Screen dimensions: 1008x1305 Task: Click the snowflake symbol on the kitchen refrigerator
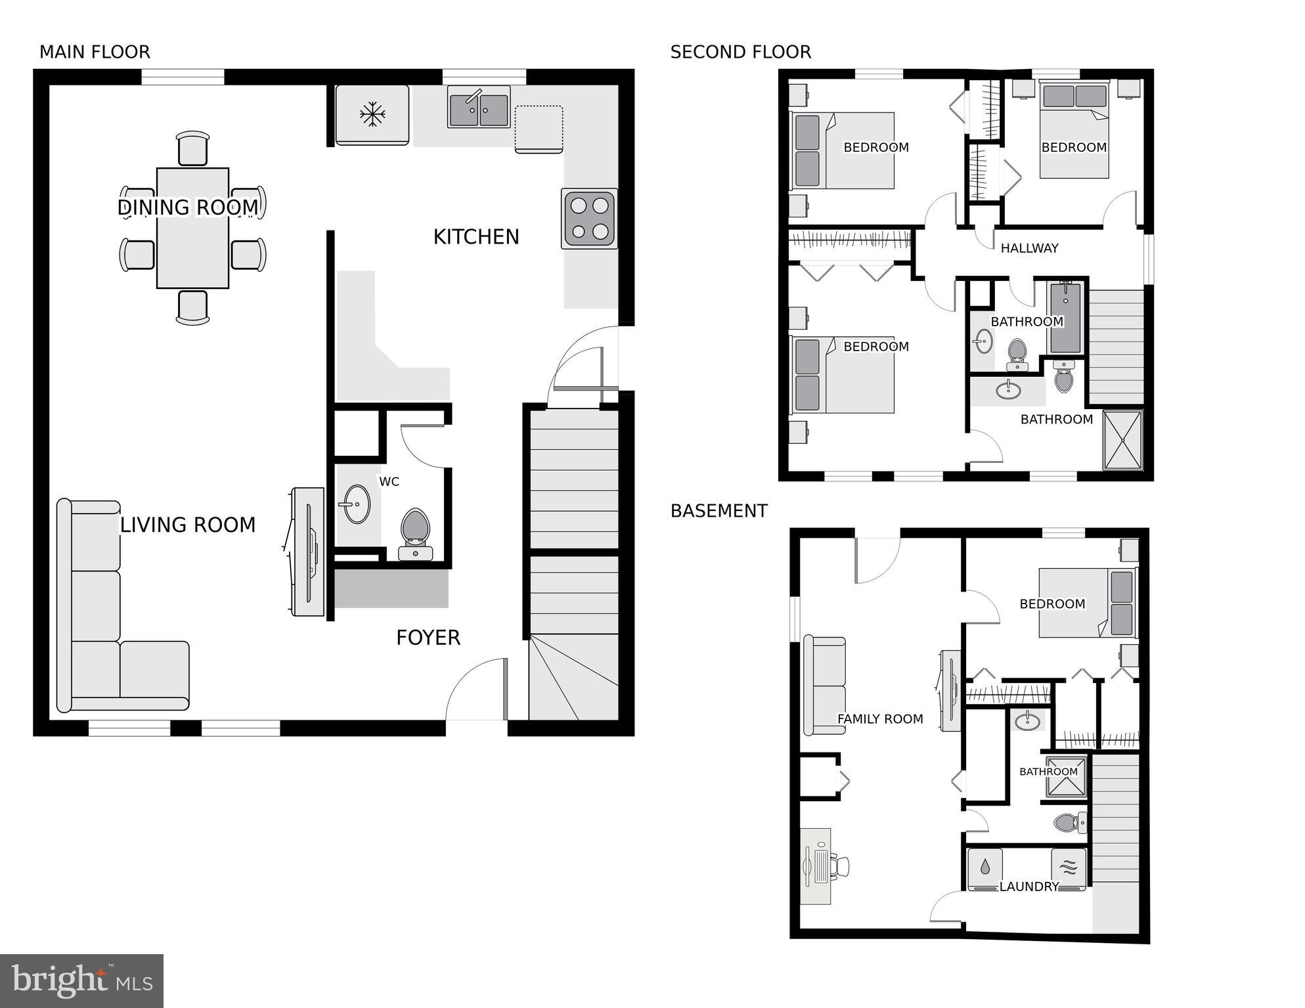click(372, 114)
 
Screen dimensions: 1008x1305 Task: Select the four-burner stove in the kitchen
click(589, 219)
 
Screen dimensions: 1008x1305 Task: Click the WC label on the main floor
click(389, 482)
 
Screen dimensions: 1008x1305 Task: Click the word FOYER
click(428, 638)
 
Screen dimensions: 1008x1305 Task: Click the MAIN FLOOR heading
click(95, 52)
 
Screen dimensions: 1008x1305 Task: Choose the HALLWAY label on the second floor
click(1029, 248)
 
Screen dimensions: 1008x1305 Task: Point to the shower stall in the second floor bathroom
click(1123, 439)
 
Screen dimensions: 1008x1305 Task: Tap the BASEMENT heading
click(719, 511)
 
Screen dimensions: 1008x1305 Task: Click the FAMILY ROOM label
click(880, 719)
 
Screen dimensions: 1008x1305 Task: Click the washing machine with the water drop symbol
click(984, 867)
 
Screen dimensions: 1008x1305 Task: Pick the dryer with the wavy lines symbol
click(1069, 867)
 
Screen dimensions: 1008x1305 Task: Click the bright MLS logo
click(81, 980)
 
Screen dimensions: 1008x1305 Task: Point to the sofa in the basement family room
click(825, 686)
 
